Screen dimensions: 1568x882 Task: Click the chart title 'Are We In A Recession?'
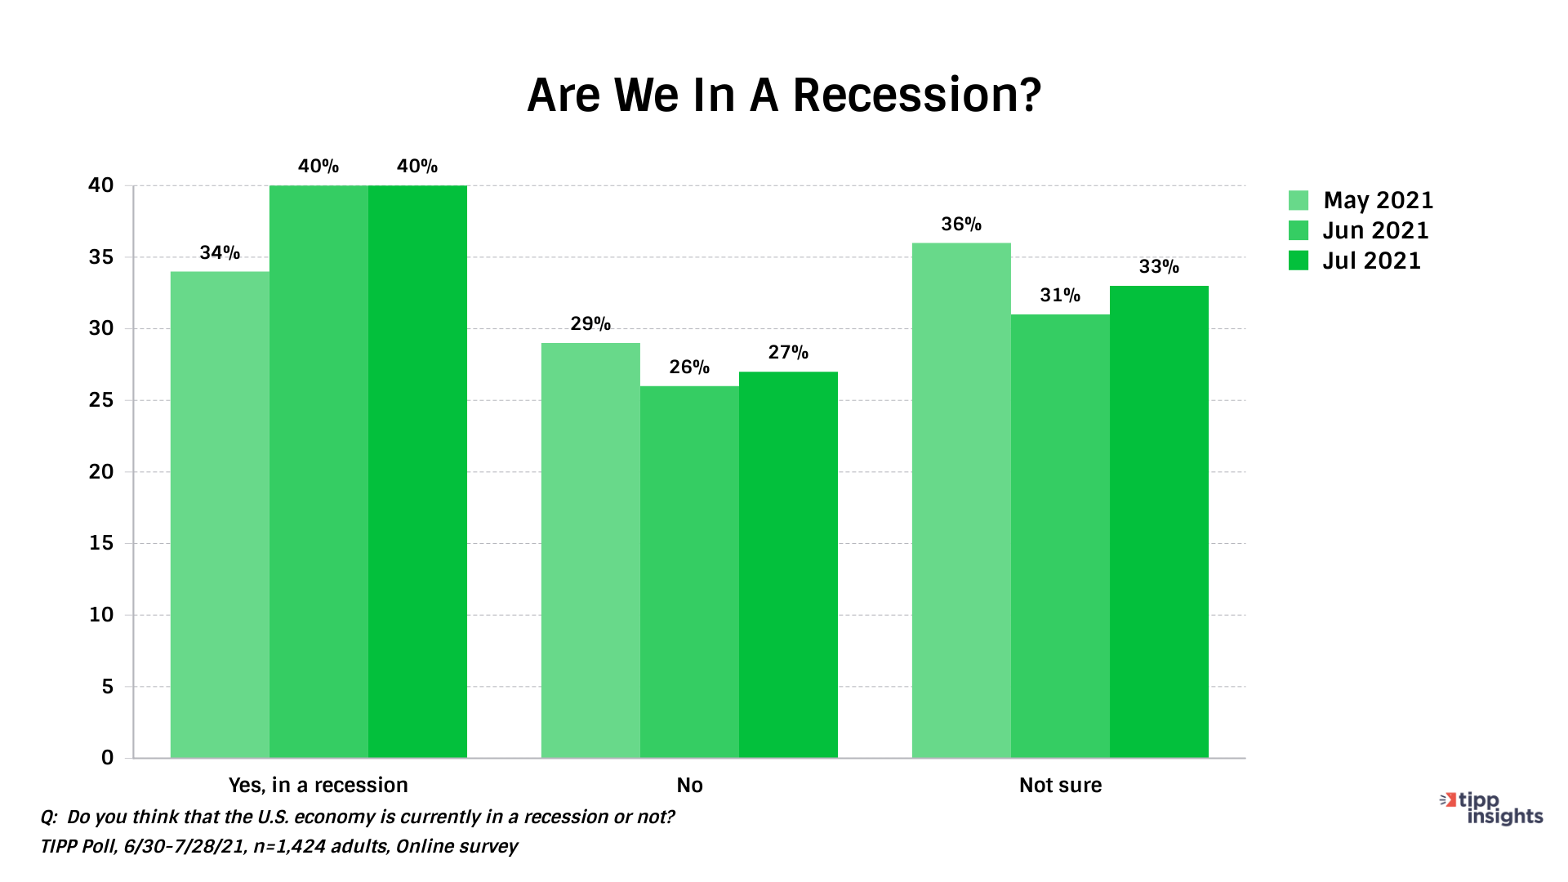pos(784,95)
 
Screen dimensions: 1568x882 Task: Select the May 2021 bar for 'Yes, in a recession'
pos(220,514)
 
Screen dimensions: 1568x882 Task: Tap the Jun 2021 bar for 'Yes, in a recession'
pos(318,471)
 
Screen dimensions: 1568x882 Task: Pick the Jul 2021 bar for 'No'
pos(788,564)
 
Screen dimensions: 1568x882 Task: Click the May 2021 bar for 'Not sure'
pos(961,500)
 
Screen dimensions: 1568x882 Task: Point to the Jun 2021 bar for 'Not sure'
pos(1060,536)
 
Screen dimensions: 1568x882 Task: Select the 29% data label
pos(590,324)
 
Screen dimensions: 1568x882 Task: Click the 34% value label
pos(220,253)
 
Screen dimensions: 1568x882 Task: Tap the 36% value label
pos(961,225)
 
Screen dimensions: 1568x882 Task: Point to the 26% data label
pos(689,367)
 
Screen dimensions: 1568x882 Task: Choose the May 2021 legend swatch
pos(1298,200)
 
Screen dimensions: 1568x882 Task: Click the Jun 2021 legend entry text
pos(1376,230)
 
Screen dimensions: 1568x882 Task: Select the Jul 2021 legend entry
pos(1355,261)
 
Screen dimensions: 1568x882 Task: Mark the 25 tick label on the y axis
pos(101,400)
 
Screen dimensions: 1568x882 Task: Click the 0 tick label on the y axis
pos(108,758)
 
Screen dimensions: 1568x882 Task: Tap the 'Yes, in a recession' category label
pos(318,785)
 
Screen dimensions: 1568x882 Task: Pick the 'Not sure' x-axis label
pos(1060,785)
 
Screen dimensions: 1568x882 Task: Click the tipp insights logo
pos(1491,808)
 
